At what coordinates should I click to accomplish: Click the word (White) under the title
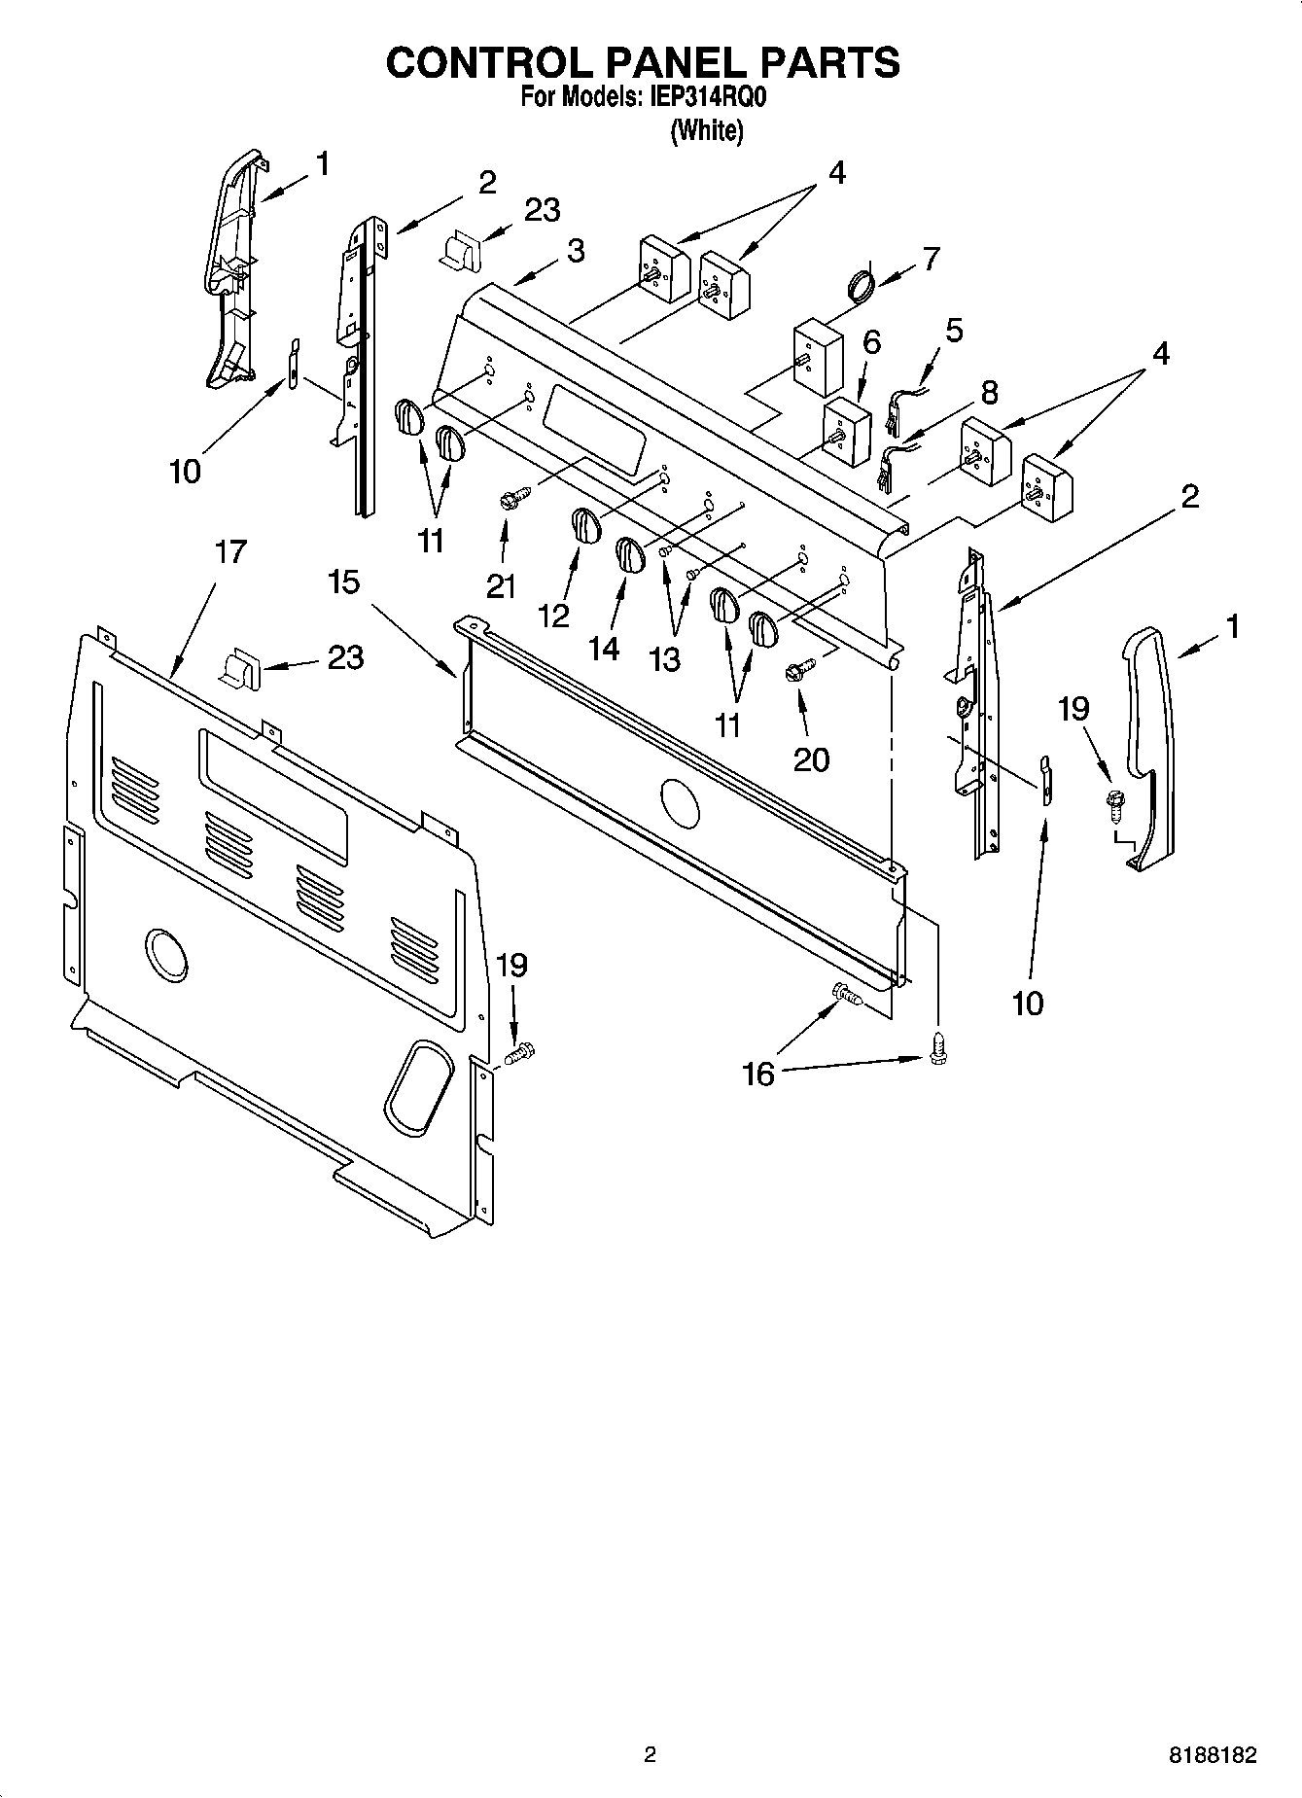pos(707,130)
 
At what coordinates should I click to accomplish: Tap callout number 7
pos(931,259)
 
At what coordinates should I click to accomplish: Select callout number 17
pos(230,551)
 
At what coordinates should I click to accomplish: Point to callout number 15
pos(343,582)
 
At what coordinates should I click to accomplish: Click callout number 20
pos(811,758)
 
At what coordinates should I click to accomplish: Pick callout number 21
pos(501,586)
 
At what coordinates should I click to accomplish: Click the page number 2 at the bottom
pos(650,1755)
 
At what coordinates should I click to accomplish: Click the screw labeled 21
pos(512,500)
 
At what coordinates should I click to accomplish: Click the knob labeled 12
pos(583,525)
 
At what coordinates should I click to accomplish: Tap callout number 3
pos(576,251)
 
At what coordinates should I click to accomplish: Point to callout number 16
pos(758,1074)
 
